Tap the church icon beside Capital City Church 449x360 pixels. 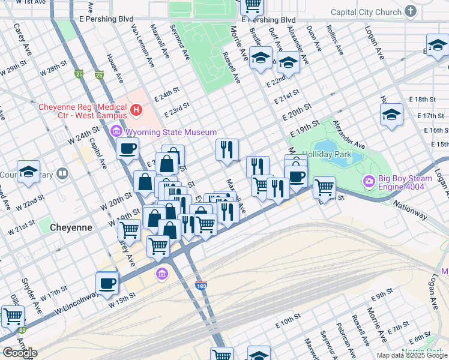(411, 11)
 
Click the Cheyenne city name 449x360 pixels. (71, 227)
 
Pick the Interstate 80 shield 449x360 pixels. (22, 329)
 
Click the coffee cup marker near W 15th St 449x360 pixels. (107, 283)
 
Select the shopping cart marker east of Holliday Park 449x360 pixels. (324, 187)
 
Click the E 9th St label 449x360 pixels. (381, 297)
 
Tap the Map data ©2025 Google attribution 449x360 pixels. (412, 355)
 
